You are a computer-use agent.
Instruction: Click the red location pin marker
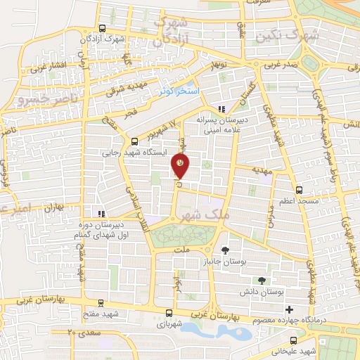(181, 165)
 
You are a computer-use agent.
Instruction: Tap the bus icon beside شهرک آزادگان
(103, 29)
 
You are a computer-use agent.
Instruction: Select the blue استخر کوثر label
(179, 91)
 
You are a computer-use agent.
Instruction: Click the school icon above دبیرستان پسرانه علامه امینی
(222, 109)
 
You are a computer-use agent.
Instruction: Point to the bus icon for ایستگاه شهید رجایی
(135, 141)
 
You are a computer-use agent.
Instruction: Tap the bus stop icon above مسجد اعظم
(300, 189)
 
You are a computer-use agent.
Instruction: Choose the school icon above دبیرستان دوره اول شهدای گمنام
(102, 213)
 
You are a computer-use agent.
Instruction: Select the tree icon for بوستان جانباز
(225, 250)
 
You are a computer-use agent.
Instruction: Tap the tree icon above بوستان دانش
(262, 281)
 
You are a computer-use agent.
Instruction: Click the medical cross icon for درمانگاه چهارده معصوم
(289, 309)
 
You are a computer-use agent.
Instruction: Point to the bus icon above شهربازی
(169, 314)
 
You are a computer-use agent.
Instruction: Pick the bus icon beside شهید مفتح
(101, 304)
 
